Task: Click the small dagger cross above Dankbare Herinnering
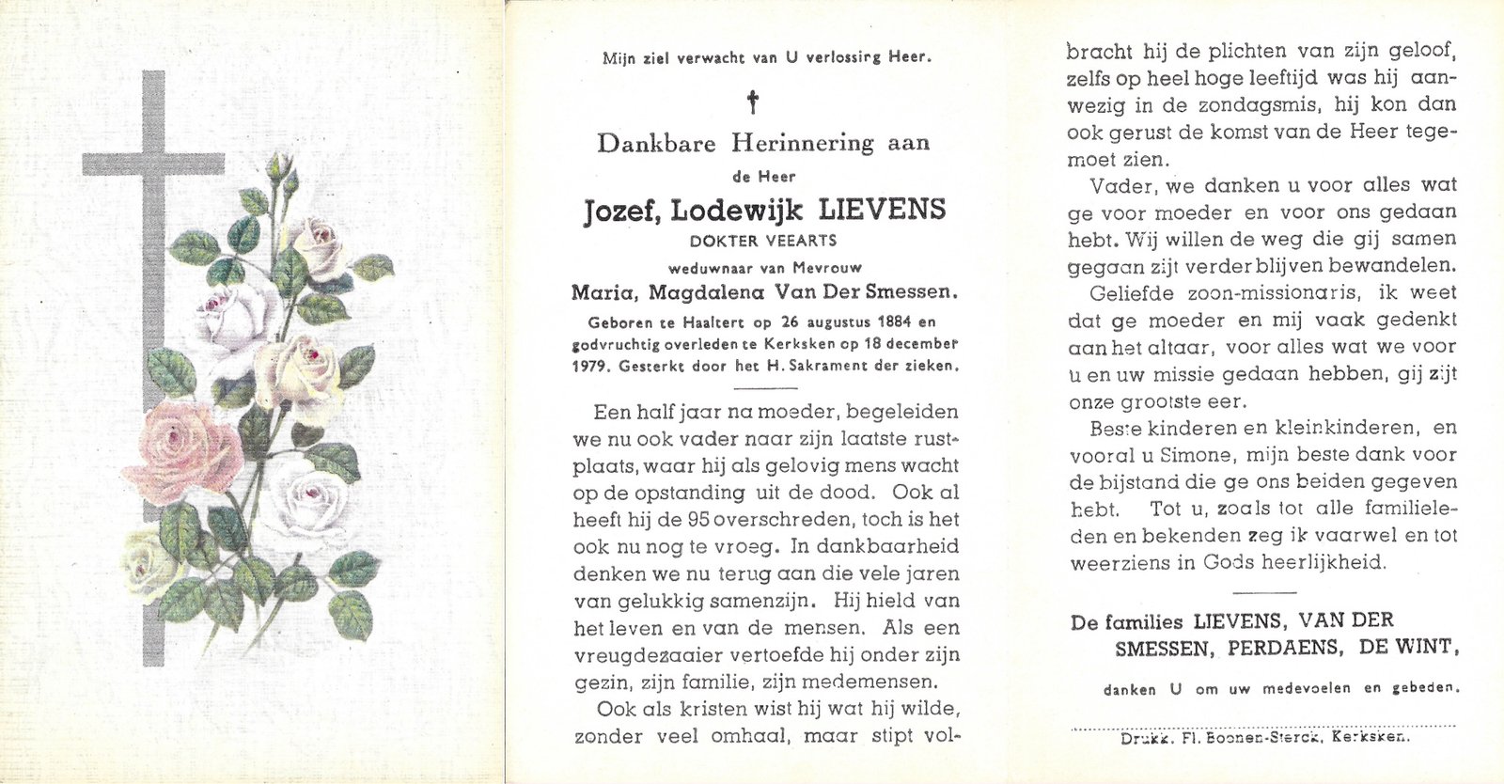752,101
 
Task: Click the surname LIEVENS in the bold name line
885,210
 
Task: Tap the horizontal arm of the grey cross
113,165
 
